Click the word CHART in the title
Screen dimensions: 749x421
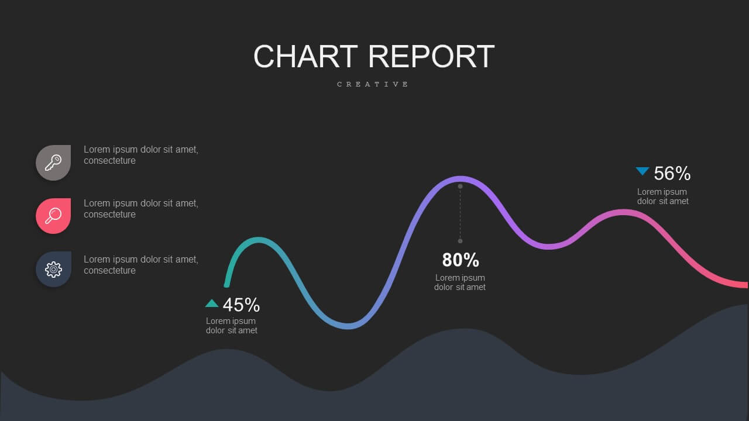pyautogui.click(x=305, y=56)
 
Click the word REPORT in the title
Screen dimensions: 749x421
pyautogui.click(x=431, y=56)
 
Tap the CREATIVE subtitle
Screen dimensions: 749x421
pyautogui.click(x=373, y=84)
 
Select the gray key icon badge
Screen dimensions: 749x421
pyautogui.click(x=53, y=163)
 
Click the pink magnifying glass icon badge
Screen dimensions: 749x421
pyautogui.click(x=53, y=216)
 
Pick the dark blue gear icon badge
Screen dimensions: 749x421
pyautogui.click(x=53, y=269)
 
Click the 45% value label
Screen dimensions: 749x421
pyautogui.click(x=241, y=305)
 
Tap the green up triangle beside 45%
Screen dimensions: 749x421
pyautogui.click(x=212, y=303)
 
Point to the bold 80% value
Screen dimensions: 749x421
pyautogui.click(x=461, y=260)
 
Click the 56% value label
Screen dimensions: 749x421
pyautogui.click(x=672, y=174)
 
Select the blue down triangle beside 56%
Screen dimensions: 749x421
pyautogui.click(x=643, y=171)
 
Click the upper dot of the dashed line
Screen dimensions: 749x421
pyautogui.click(x=460, y=187)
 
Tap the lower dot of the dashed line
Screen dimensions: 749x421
pyautogui.click(x=460, y=241)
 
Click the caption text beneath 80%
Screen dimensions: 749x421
pyautogui.click(x=460, y=282)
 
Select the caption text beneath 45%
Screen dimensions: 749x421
pyautogui.click(x=231, y=326)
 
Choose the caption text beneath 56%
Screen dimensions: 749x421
pyautogui.click(x=663, y=196)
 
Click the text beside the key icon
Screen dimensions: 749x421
pyautogui.click(x=141, y=155)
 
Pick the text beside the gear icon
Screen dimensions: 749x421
pyautogui.click(x=141, y=265)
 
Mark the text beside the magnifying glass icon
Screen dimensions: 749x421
pyautogui.click(x=141, y=209)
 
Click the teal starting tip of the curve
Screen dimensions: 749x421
pyautogui.click(x=226, y=285)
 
